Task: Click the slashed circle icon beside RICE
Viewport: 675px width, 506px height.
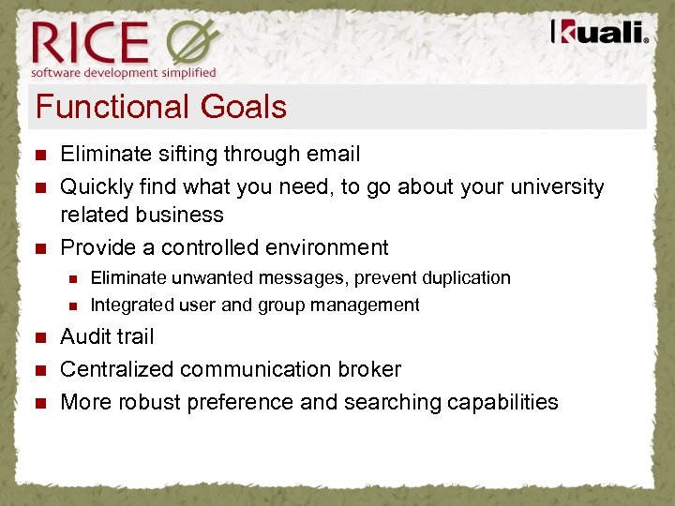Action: coord(192,43)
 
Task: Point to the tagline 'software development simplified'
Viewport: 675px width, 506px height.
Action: coord(124,72)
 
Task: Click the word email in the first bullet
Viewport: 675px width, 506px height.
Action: coord(335,154)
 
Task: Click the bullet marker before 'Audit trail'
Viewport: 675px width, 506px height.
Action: coord(38,337)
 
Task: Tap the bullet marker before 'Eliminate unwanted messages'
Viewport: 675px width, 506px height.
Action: coord(73,278)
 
